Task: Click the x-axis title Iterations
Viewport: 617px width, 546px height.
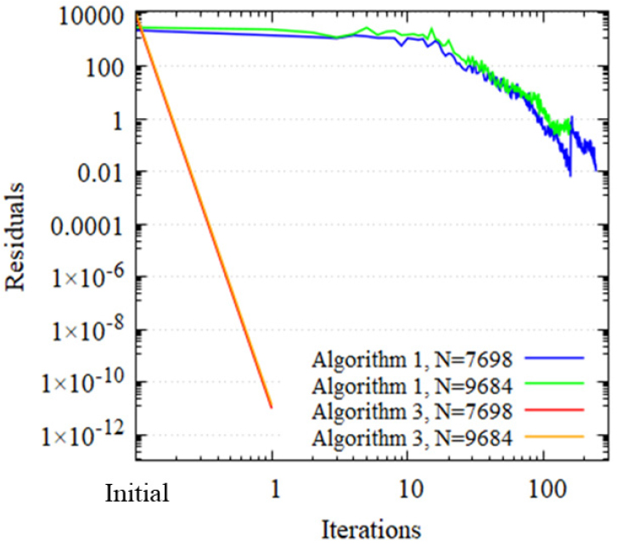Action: click(371, 529)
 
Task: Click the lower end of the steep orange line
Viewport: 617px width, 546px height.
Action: click(272, 408)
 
